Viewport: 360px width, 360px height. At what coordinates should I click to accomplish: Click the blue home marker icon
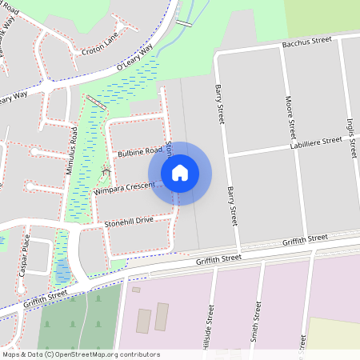[x=180, y=173]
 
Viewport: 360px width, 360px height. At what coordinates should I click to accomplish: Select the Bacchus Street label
[x=306, y=42]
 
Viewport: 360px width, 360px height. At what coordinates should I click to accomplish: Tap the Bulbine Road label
[x=139, y=151]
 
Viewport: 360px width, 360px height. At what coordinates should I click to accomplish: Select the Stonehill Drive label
[x=128, y=221]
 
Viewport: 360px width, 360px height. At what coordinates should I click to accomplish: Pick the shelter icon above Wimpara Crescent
[x=106, y=171]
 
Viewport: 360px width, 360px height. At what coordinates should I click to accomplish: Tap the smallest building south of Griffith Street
[x=136, y=290]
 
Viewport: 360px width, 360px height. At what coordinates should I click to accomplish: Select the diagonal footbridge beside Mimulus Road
[x=96, y=102]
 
